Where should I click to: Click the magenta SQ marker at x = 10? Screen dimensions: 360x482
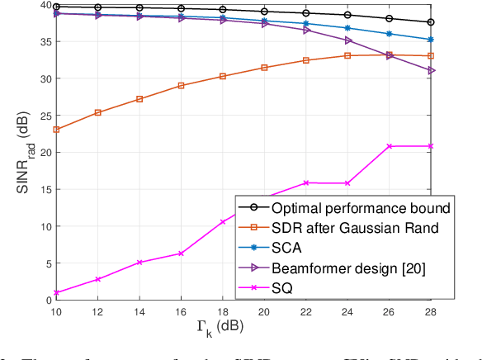(x=55, y=293)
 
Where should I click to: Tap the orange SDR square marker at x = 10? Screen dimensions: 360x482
(x=55, y=130)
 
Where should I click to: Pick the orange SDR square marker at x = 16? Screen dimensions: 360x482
(x=181, y=85)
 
